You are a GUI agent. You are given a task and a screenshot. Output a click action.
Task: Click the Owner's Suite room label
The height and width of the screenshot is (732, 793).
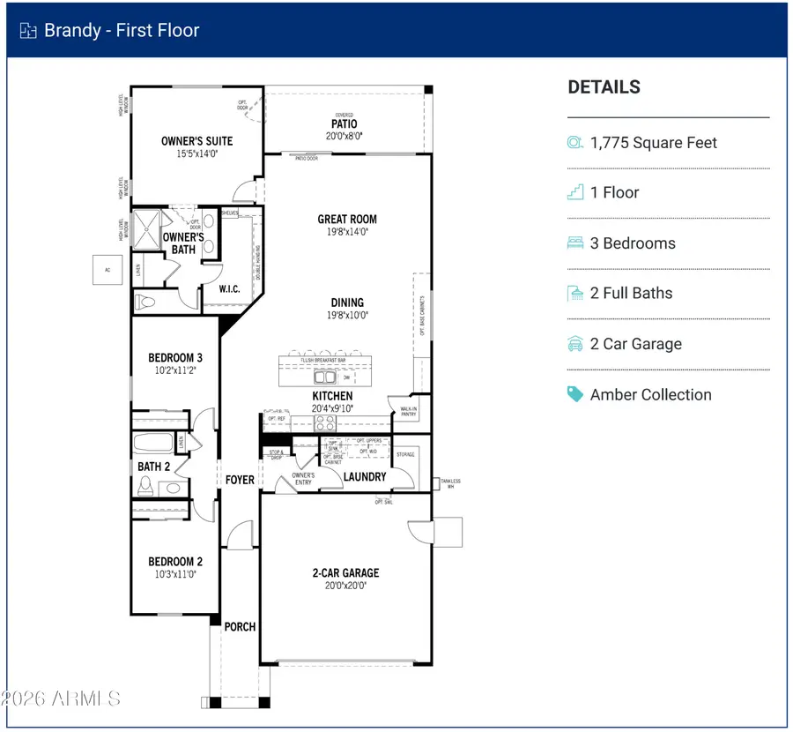196,141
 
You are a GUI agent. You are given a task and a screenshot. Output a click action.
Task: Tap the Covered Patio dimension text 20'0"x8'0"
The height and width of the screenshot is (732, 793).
345,136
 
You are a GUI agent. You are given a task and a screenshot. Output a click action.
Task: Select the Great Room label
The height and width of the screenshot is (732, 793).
347,219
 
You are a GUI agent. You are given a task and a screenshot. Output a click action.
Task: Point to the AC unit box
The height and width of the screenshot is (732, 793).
106,270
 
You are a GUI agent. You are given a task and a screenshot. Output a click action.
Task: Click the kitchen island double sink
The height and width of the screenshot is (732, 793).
325,377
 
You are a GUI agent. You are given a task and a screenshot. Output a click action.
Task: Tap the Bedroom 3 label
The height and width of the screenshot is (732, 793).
175,357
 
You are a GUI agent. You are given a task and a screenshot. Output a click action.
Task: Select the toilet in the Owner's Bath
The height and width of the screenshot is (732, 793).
145,303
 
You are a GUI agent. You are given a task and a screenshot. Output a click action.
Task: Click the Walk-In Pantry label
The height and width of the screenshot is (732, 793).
408,411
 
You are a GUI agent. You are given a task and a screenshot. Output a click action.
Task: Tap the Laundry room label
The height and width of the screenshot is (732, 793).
365,476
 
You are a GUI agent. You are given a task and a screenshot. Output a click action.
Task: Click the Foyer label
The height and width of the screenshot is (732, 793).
240,480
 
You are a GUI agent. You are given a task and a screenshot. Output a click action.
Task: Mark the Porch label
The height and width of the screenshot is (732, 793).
240,626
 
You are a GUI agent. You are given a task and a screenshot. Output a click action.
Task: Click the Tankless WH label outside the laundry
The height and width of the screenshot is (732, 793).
454,483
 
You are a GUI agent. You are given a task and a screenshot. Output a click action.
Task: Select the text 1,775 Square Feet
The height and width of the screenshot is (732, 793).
654,143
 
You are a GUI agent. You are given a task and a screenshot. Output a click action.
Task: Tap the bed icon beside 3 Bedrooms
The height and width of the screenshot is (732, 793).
575,243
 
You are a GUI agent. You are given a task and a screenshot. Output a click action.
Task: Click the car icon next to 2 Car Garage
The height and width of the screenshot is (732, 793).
575,344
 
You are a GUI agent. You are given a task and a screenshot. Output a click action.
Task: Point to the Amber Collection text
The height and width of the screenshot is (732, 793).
651,394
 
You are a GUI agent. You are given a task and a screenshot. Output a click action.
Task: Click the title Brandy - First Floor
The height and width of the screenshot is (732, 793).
122,31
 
